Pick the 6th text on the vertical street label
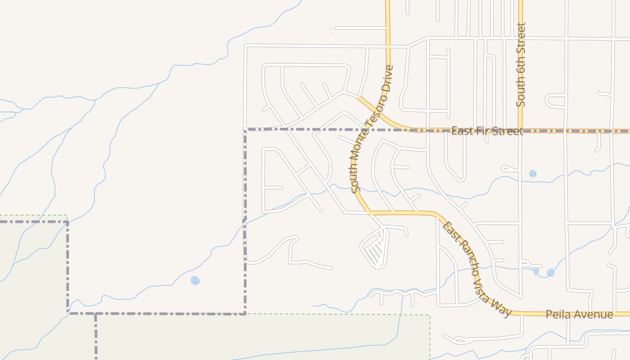[x=521, y=69]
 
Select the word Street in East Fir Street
[x=507, y=131]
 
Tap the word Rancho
[x=466, y=254]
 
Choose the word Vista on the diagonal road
[x=481, y=284]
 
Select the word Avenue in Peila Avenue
[x=595, y=315]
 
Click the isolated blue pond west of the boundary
[x=195, y=280]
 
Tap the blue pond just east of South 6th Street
[x=533, y=173]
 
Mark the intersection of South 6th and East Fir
[x=520, y=130]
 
